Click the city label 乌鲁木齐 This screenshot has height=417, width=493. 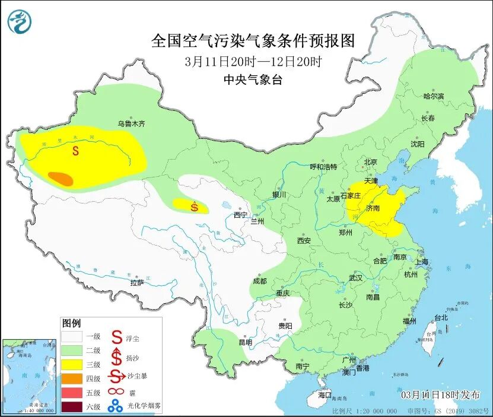click(x=131, y=124)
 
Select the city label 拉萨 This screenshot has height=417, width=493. click(x=137, y=283)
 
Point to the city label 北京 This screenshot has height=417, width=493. click(x=370, y=161)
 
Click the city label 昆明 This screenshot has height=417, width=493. click(x=244, y=342)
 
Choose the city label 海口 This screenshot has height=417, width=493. click(x=325, y=394)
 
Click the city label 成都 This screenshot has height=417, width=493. click(x=259, y=281)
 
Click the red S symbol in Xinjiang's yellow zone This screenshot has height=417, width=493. click(x=75, y=151)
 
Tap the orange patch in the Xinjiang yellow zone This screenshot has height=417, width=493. click(x=60, y=178)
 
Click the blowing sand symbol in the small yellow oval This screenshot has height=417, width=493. click(x=195, y=207)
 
